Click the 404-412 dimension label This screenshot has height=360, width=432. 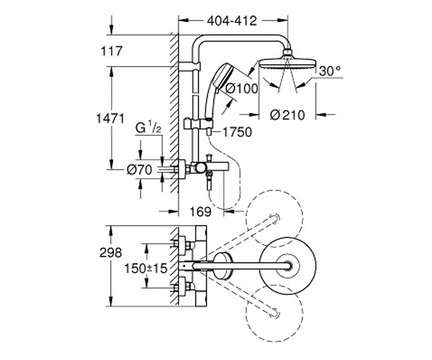[232, 21]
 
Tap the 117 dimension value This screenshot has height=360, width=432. [112, 51]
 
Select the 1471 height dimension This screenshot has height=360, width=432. [110, 118]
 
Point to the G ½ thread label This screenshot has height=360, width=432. [148, 128]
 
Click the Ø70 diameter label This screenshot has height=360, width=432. [139, 170]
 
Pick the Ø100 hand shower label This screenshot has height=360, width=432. [242, 89]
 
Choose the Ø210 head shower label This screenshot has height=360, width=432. [287, 115]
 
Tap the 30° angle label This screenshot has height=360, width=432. [330, 71]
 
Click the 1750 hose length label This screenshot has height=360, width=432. [237, 132]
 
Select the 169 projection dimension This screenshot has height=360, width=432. [201, 211]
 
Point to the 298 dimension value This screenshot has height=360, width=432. [111, 253]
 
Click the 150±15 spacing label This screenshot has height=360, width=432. [146, 269]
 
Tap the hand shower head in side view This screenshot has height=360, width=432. [222, 77]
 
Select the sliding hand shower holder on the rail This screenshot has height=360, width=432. [199, 124]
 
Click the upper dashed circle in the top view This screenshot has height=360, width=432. [275, 191]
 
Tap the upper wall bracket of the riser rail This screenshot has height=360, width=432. [189, 66]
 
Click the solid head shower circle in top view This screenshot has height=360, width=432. [288, 237]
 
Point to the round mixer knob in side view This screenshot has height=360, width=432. [200, 168]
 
